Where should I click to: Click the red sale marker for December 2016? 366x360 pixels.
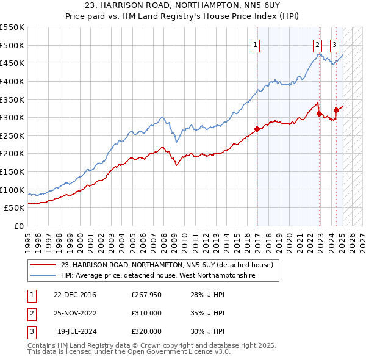tap(257, 129)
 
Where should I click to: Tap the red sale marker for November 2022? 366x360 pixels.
tap(319, 113)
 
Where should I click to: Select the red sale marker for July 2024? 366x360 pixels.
tap(336, 110)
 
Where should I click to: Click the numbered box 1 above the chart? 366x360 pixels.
tap(254, 44)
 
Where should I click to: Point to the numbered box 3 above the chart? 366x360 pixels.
tap(335, 44)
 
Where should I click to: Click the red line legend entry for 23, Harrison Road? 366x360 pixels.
tap(170, 265)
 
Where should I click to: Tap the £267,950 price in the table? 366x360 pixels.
tap(146, 295)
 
